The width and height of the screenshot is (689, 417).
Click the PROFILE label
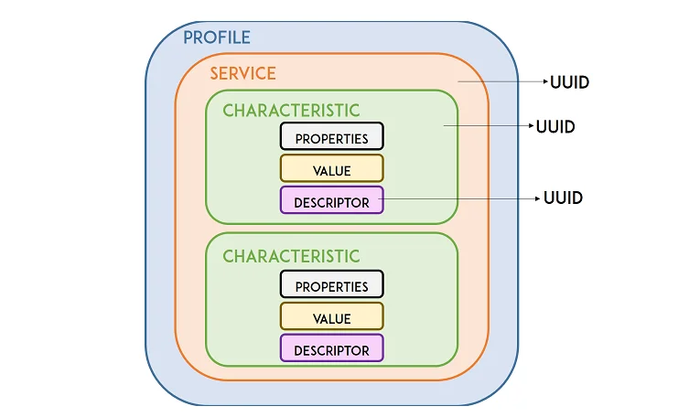[217, 38]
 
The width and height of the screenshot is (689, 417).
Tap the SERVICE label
[242, 74]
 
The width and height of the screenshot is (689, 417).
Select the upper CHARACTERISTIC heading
[291, 111]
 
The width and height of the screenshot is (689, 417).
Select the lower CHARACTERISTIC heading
[291, 257]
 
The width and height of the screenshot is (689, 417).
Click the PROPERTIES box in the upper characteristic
[331, 137]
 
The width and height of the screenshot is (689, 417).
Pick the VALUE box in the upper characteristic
[331, 169]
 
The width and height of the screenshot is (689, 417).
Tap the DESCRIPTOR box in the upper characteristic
[331, 201]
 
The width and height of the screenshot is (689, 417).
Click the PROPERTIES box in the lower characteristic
[331, 285]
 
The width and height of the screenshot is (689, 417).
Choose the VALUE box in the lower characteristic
[331, 317]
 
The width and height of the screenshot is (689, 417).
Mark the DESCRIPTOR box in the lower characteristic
[331, 349]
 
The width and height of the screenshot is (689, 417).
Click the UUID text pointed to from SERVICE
[569, 83]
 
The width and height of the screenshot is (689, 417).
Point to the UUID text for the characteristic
[555, 127]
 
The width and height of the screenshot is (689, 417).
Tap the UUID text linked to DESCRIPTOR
[563, 198]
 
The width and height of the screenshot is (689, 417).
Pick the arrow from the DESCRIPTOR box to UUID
[458, 198]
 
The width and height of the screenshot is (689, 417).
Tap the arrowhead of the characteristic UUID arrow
[531, 127]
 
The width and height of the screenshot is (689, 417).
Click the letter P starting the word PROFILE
[188, 38]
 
